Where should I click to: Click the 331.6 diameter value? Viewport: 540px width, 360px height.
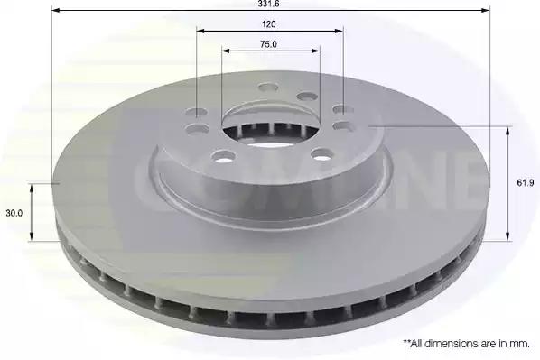[x=268, y=4]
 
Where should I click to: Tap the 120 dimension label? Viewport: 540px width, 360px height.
[x=268, y=24]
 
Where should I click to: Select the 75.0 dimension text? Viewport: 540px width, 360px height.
[x=268, y=44]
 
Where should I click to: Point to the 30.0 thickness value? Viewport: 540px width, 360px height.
[x=14, y=213]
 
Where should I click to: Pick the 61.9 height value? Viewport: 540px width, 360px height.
[x=526, y=183]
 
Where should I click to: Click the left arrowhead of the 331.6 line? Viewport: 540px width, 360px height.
[x=55, y=10]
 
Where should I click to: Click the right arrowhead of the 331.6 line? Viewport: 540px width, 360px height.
[x=485, y=10]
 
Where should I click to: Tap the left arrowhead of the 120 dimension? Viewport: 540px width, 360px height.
[x=200, y=31]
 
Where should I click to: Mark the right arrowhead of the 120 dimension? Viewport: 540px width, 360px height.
[x=340, y=31]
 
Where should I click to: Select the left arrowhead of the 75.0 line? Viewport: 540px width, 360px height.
[x=226, y=51]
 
